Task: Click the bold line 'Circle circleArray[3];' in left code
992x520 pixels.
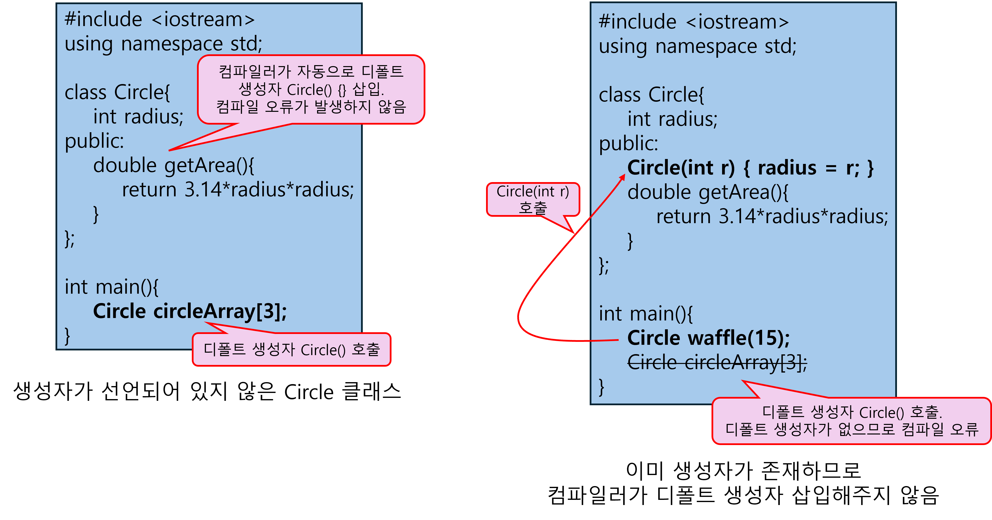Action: [x=190, y=311]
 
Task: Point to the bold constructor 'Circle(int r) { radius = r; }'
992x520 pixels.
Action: [x=750, y=168]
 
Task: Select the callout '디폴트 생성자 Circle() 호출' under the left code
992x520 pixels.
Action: [x=292, y=350]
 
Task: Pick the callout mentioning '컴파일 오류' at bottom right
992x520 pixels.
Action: [x=851, y=421]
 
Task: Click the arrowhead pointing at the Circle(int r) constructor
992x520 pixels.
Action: [x=622, y=177]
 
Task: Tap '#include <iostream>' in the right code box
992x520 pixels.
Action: [x=694, y=22]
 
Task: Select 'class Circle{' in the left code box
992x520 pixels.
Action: [x=117, y=92]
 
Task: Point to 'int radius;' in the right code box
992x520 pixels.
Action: [x=672, y=119]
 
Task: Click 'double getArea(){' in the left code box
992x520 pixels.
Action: [x=173, y=166]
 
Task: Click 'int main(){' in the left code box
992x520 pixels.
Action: [x=111, y=287]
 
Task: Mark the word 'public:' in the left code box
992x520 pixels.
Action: [x=94, y=141]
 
